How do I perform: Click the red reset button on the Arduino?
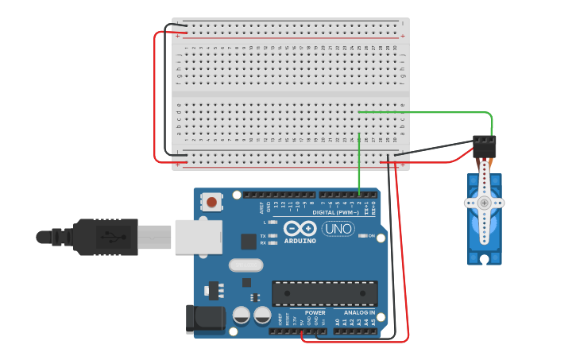pos(211,203)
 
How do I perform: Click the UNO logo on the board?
pos(338,229)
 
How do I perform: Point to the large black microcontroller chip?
pos(324,293)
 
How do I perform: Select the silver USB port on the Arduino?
pos(198,237)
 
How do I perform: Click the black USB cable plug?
pos(105,237)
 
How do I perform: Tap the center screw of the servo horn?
pos(484,203)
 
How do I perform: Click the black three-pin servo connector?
pos(484,146)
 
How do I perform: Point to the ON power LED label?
pos(370,236)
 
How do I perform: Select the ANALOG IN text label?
pos(360,312)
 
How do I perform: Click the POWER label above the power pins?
pos(315,312)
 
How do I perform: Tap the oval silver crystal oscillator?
pos(245,265)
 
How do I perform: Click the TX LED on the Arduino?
pos(273,235)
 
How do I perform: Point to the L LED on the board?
pos(273,223)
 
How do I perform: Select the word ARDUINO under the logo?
pos(300,241)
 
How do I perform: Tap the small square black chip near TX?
pos(249,241)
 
